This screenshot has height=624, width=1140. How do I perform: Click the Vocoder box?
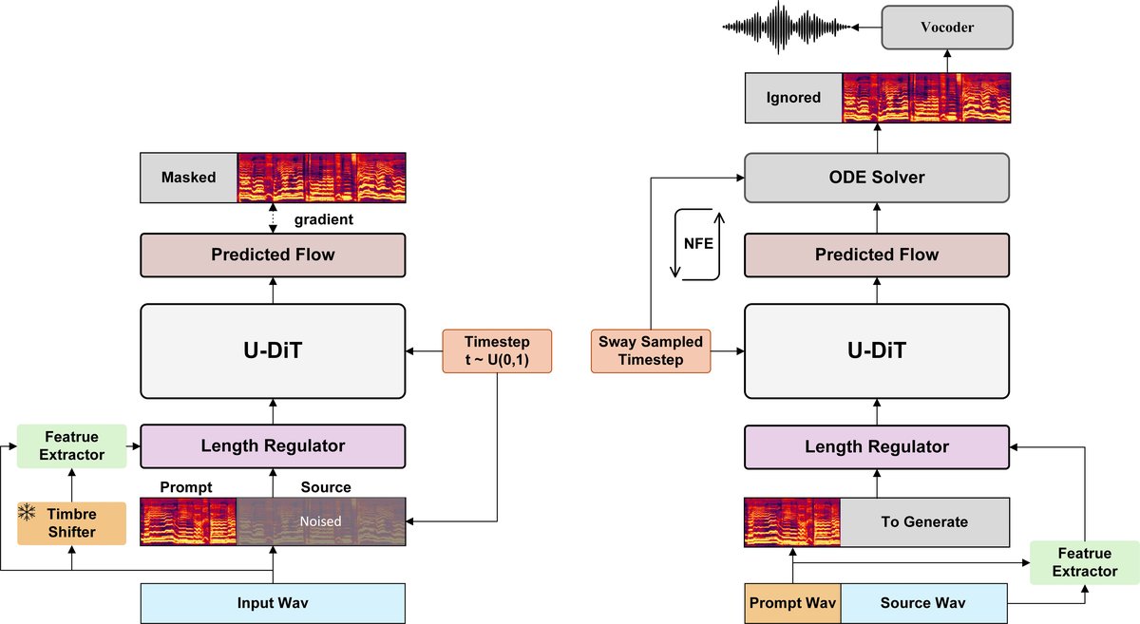pos(946,28)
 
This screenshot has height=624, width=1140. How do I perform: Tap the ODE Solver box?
pos(876,178)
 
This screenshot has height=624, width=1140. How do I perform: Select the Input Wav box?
pos(273,603)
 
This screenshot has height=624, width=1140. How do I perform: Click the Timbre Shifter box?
pos(72,522)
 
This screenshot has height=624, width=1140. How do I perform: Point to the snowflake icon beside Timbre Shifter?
pos(28,514)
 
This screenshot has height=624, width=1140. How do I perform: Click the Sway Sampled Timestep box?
pos(651,350)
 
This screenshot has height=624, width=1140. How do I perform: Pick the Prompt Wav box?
pos(792,603)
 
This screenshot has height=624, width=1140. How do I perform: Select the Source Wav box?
pos(923,603)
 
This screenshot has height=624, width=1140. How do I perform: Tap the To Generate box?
pos(923,521)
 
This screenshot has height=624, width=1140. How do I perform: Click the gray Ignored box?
pos(794,98)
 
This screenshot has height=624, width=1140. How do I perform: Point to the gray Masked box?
pos(188,178)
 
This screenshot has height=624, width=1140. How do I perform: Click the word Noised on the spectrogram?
pos(320,521)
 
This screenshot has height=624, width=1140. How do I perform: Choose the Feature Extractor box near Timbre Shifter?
pos(72,445)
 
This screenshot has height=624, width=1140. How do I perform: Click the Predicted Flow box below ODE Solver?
pos(876,255)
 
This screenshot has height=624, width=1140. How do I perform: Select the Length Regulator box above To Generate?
pos(876,446)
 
